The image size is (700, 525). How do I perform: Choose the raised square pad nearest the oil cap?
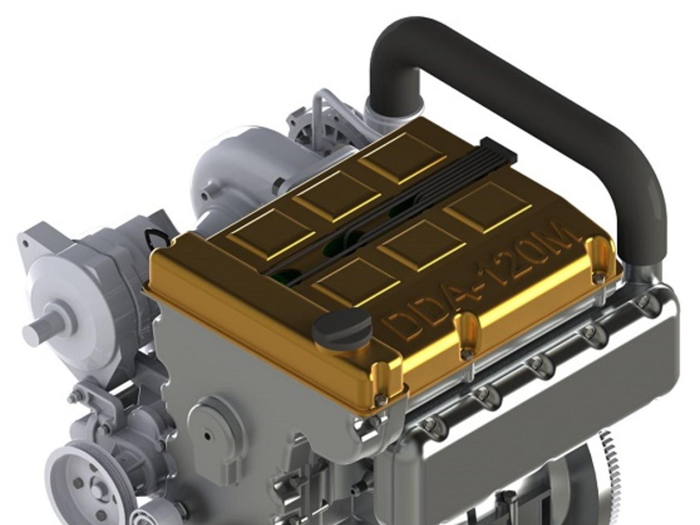(355, 282)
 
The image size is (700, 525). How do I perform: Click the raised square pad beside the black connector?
(402, 159)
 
